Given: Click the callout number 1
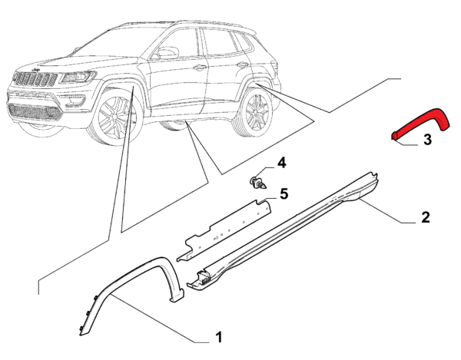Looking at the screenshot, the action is (x=219, y=337).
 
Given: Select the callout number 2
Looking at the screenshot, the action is (x=426, y=217).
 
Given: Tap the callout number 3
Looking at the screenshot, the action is (x=427, y=139).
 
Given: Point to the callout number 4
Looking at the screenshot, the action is (x=282, y=163).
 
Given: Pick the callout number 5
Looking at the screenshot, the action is (x=284, y=193).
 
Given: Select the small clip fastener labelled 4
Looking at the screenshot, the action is (x=259, y=183).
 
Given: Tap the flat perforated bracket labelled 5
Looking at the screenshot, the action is (x=224, y=230).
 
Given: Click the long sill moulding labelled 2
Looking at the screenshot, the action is (x=282, y=232).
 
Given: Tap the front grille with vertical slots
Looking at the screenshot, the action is (x=36, y=79).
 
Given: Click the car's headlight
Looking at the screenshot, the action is (x=77, y=77).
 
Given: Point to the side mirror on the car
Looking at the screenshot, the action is (x=167, y=53).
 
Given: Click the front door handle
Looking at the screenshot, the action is (x=200, y=68).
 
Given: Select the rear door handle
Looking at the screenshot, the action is (x=243, y=64).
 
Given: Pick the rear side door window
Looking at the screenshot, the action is (x=219, y=41).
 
